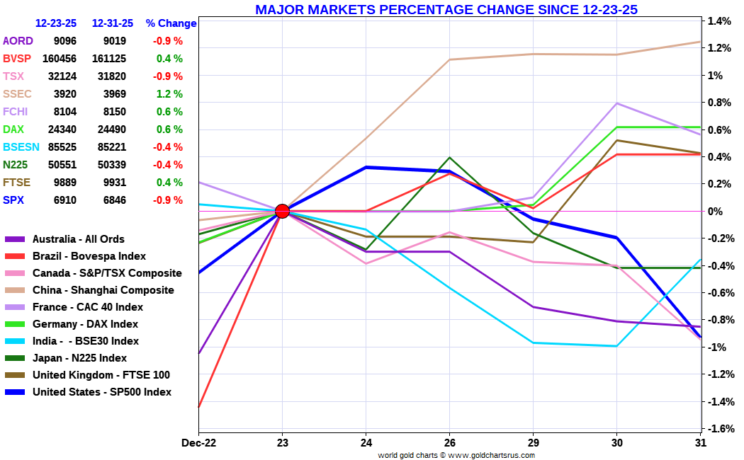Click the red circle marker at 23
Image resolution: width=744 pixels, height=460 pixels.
[x=282, y=211]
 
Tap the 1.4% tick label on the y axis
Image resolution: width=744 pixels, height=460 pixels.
[x=719, y=21]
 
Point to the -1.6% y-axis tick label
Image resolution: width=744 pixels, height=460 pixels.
[x=719, y=429]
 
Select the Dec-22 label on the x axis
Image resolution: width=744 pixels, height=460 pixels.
[x=198, y=442]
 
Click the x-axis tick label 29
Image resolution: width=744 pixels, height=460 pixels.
[x=534, y=442]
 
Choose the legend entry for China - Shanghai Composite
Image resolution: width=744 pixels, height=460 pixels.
[x=103, y=290]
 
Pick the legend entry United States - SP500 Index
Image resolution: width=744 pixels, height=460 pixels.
[x=101, y=392]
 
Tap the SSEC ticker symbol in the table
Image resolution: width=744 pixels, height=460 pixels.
[x=18, y=94]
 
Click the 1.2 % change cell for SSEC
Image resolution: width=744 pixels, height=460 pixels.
[x=169, y=94]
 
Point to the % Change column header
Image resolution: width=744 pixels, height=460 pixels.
[x=171, y=23]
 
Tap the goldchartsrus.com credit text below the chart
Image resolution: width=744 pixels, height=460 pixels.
[x=456, y=455]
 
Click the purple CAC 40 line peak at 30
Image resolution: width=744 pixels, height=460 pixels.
[x=617, y=103]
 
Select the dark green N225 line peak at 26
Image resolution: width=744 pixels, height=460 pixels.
[x=450, y=157]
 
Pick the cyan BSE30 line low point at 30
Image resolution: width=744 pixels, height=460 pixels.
[x=617, y=346]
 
